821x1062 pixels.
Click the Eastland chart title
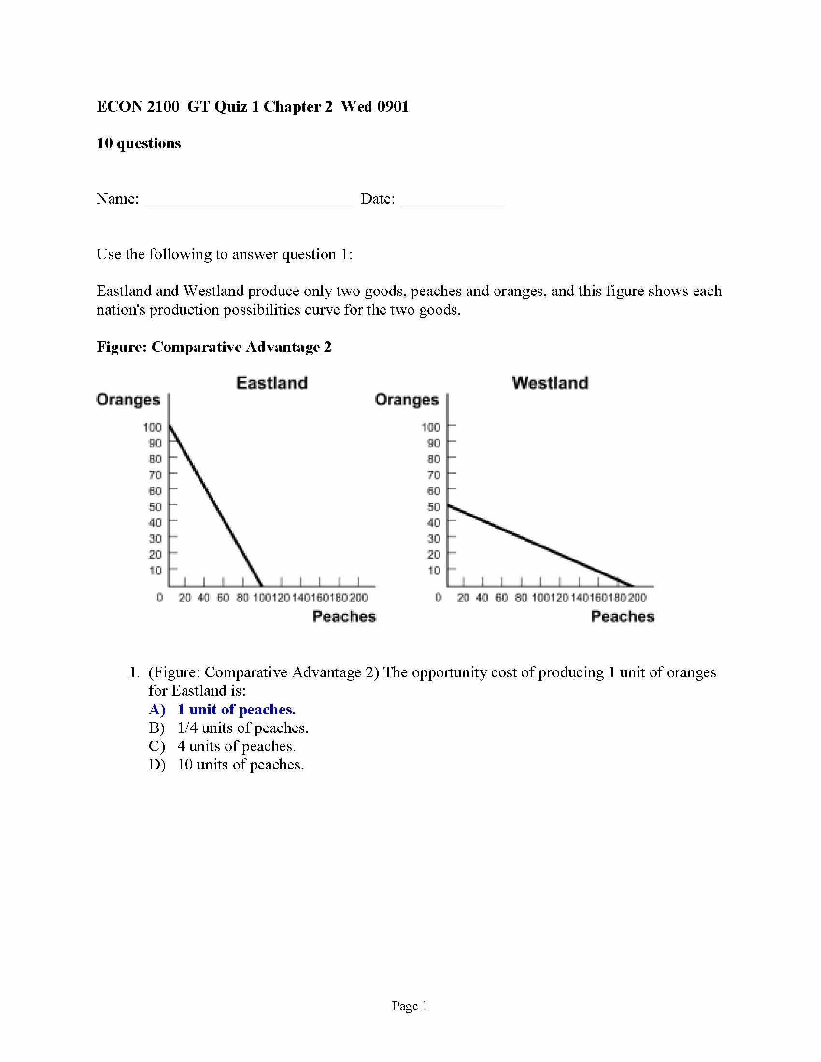[x=272, y=383]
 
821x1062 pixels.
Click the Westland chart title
[x=550, y=383]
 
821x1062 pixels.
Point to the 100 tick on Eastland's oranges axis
[x=152, y=427]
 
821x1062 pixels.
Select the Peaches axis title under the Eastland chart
[x=344, y=616]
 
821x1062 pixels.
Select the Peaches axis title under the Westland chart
[x=622, y=616]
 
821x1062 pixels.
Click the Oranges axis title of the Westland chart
[x=407, y=400]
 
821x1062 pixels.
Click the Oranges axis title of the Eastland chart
[x=128, y=400]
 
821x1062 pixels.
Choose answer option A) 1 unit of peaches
[x=222, y=710]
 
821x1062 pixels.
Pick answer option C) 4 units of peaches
[x=222, y=746]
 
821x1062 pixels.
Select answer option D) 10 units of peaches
[x=226, y=765]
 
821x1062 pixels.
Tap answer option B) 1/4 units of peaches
[x=228, y=728]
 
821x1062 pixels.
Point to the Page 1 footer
[x=410, y=1006]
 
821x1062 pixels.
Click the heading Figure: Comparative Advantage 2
[x=214, y=347]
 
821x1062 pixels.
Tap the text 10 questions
[x=139, y=143]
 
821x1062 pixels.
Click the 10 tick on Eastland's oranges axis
[x=155, y=570]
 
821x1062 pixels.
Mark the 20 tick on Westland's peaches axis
[x=463, y=598]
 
